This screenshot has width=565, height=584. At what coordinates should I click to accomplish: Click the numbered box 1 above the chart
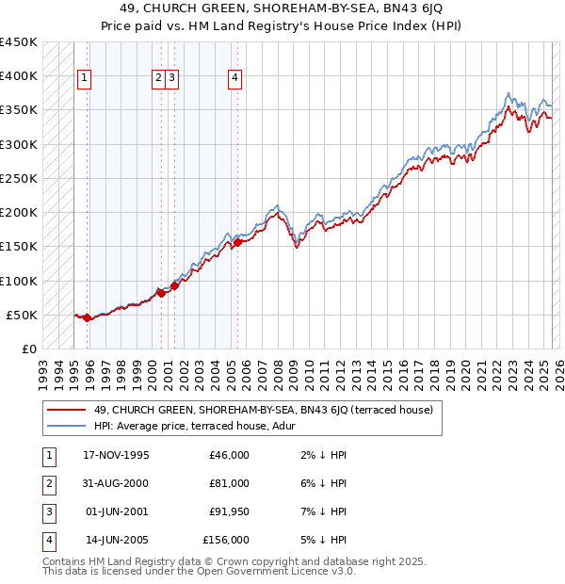85,79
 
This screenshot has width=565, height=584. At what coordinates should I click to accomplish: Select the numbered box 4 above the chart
234,79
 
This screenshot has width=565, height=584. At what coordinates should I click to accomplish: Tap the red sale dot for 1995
87,318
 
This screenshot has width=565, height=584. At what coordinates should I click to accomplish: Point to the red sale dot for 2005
237,242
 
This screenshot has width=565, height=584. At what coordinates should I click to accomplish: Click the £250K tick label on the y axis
19,178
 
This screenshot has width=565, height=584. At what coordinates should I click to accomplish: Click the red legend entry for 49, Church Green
263,410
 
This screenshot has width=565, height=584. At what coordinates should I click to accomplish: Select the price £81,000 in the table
229,483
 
